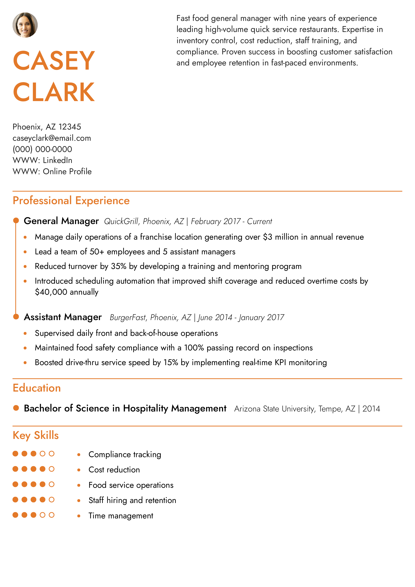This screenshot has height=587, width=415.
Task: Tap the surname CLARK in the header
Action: [x=54, y=92]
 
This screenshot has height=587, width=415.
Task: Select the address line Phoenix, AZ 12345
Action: [x=47, y=127]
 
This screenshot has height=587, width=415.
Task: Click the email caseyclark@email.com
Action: [x=52, y=138]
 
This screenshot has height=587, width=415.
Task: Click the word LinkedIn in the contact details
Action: [x=58, y=160]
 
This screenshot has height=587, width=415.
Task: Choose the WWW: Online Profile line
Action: [x=52, y=172]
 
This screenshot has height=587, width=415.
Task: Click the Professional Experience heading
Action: [x=71, y=201]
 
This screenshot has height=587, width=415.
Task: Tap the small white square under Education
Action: [x=17, y=403]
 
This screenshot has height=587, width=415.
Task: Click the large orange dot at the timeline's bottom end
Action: [x=16, y=317]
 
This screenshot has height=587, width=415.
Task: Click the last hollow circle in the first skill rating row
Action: [x=52, y=453]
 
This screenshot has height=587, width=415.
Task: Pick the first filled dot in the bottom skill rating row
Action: [x=15, y=515]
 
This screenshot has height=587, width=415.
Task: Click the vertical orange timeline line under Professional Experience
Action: [x=16, y=268]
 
